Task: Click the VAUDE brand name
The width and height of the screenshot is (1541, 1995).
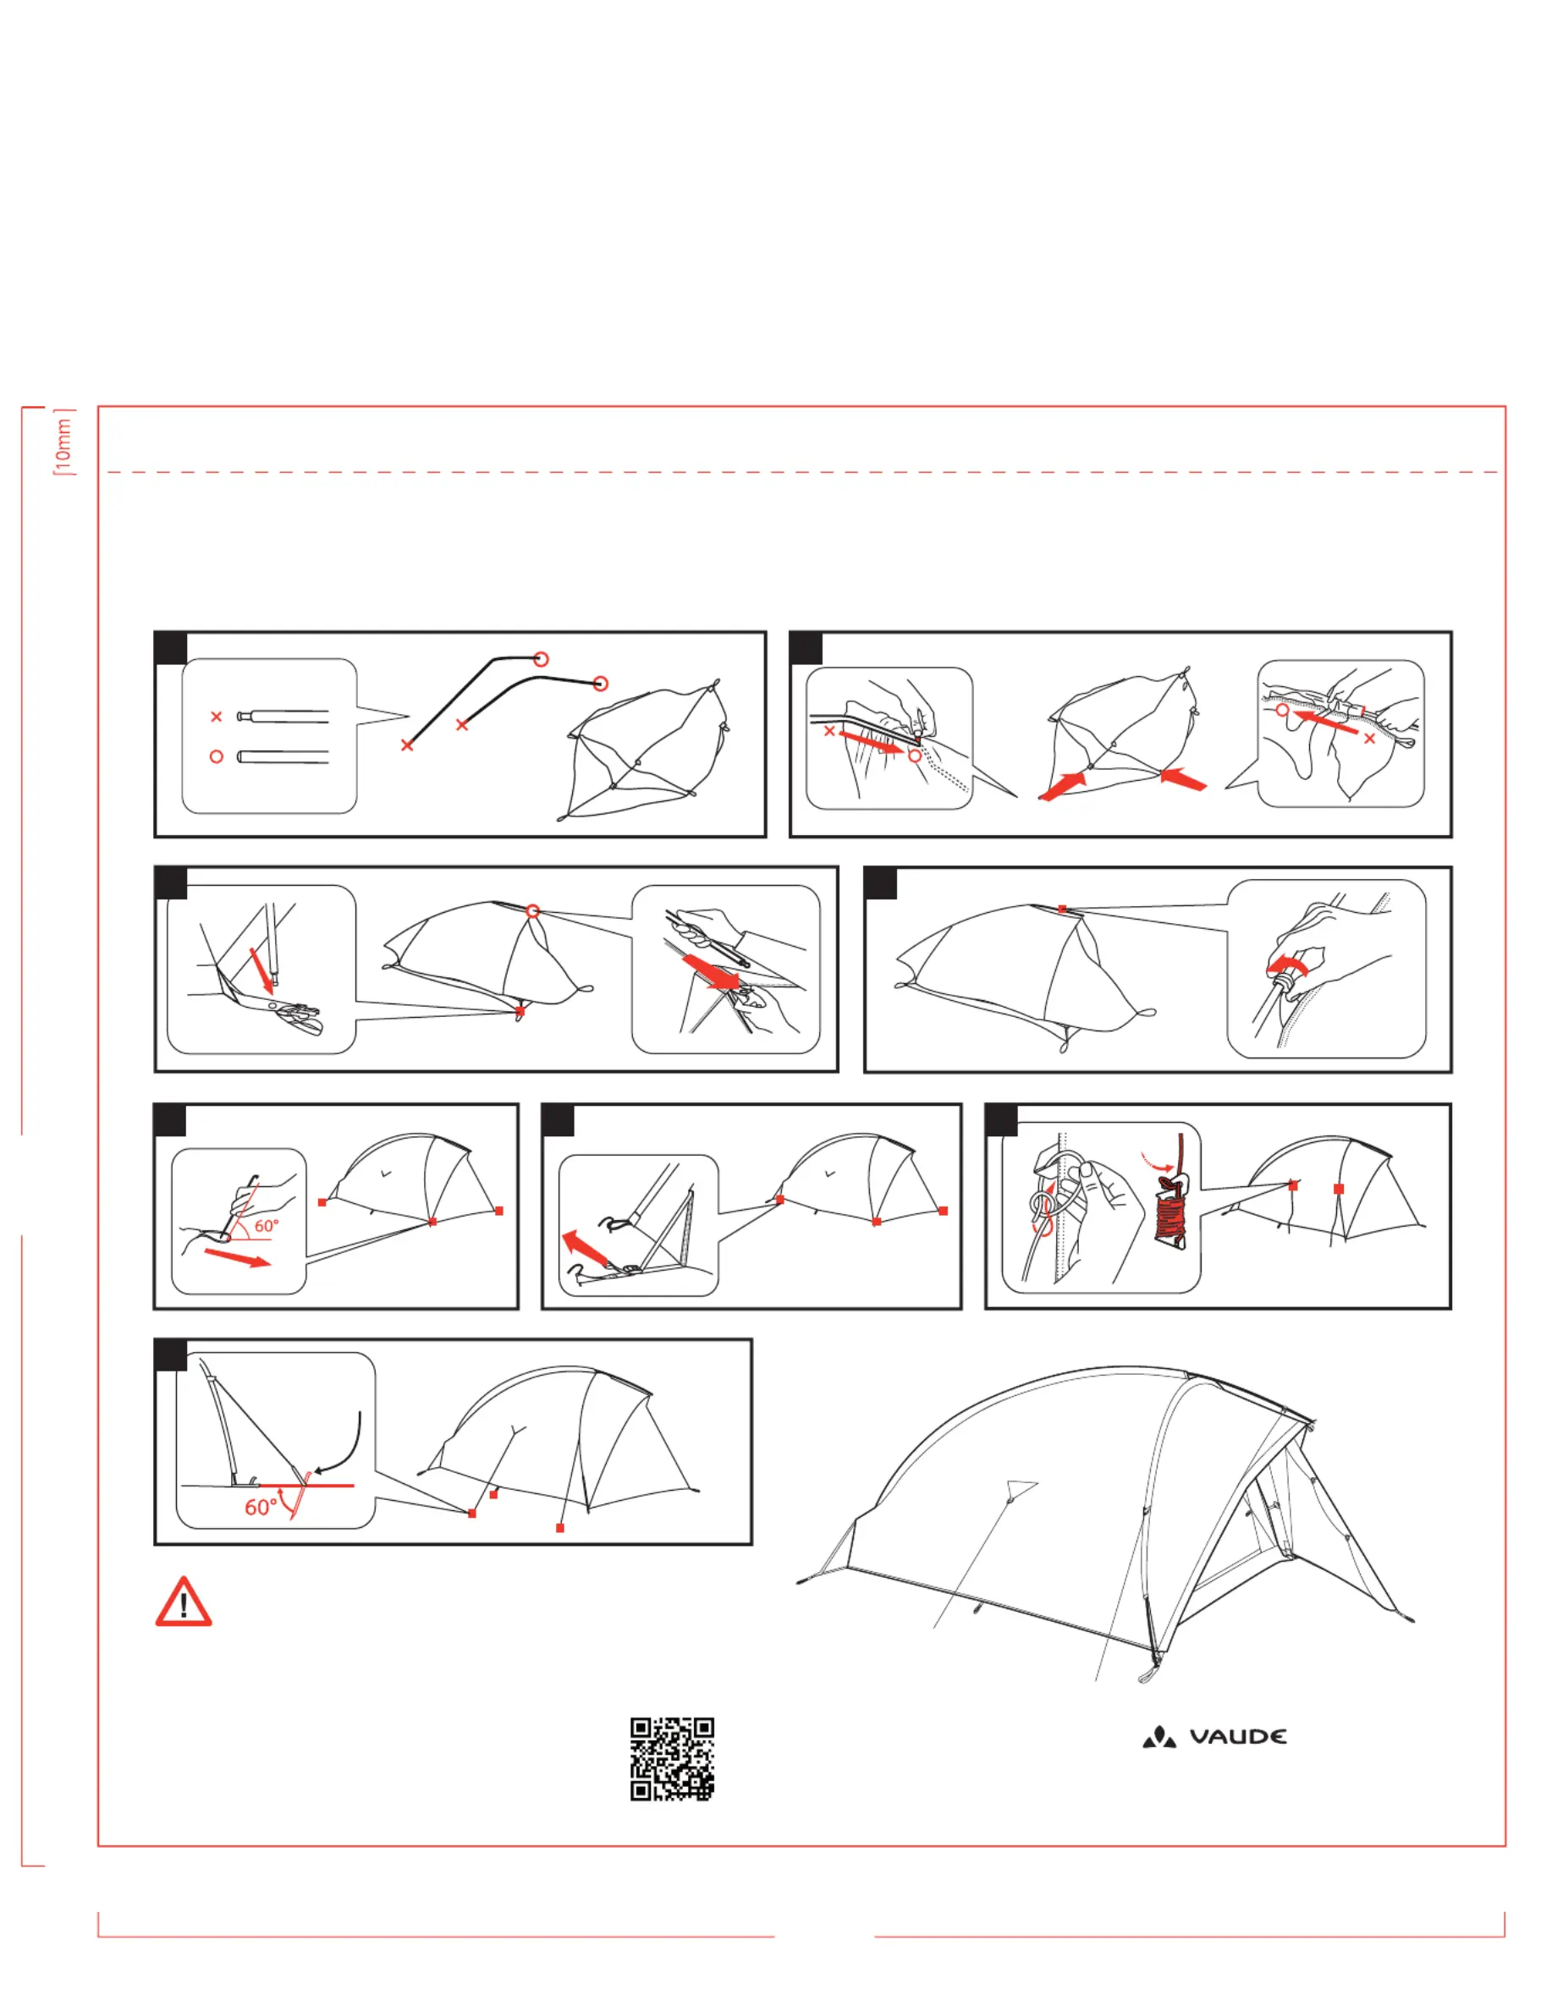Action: click(x=1238, y=1736)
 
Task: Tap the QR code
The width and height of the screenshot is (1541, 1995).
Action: click(x=671, y=1758)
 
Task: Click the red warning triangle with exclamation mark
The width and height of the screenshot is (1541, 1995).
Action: click(x=184, y=1603)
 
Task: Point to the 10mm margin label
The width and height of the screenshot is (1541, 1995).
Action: click(x=63, y=443)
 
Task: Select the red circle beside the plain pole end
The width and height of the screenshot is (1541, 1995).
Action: click(x=217, y=756)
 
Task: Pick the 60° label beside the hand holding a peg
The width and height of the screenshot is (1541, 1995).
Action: click(x=267, y=1226)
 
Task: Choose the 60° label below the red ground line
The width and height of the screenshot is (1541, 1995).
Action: click(x=261, y=1506)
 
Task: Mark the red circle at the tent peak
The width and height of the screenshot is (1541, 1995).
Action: click(x=533, y=910)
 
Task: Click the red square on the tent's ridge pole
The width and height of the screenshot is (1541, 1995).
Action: click(x=1061, y=909)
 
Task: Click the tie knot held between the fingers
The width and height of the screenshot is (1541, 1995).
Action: click(x=1042, y=1205)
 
